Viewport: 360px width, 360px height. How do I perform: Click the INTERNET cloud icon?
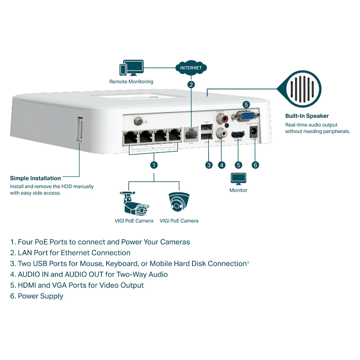tap(191, 68)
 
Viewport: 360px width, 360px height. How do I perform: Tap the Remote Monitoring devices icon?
tap(131, 69)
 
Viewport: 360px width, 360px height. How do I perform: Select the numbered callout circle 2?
tap(191, 84)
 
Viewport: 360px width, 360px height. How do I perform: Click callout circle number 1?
tap(154, 164)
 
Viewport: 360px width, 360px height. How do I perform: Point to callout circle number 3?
tap(208, 165)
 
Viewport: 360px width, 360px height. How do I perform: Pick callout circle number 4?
tap(222, 165)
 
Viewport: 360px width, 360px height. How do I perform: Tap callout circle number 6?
tap(255, 165)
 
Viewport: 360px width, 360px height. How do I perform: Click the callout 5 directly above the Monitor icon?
tap(238, 165)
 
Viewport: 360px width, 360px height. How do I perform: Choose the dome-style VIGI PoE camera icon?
tap(179, 202)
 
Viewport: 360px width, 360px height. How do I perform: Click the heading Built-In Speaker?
tap(307, 116)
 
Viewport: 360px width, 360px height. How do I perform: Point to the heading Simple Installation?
tap(36, 178)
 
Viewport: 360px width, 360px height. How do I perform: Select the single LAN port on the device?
tap(191, 135)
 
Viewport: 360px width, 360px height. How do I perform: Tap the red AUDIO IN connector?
tap(221, 118)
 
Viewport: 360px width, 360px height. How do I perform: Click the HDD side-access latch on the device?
tap(79, 130)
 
